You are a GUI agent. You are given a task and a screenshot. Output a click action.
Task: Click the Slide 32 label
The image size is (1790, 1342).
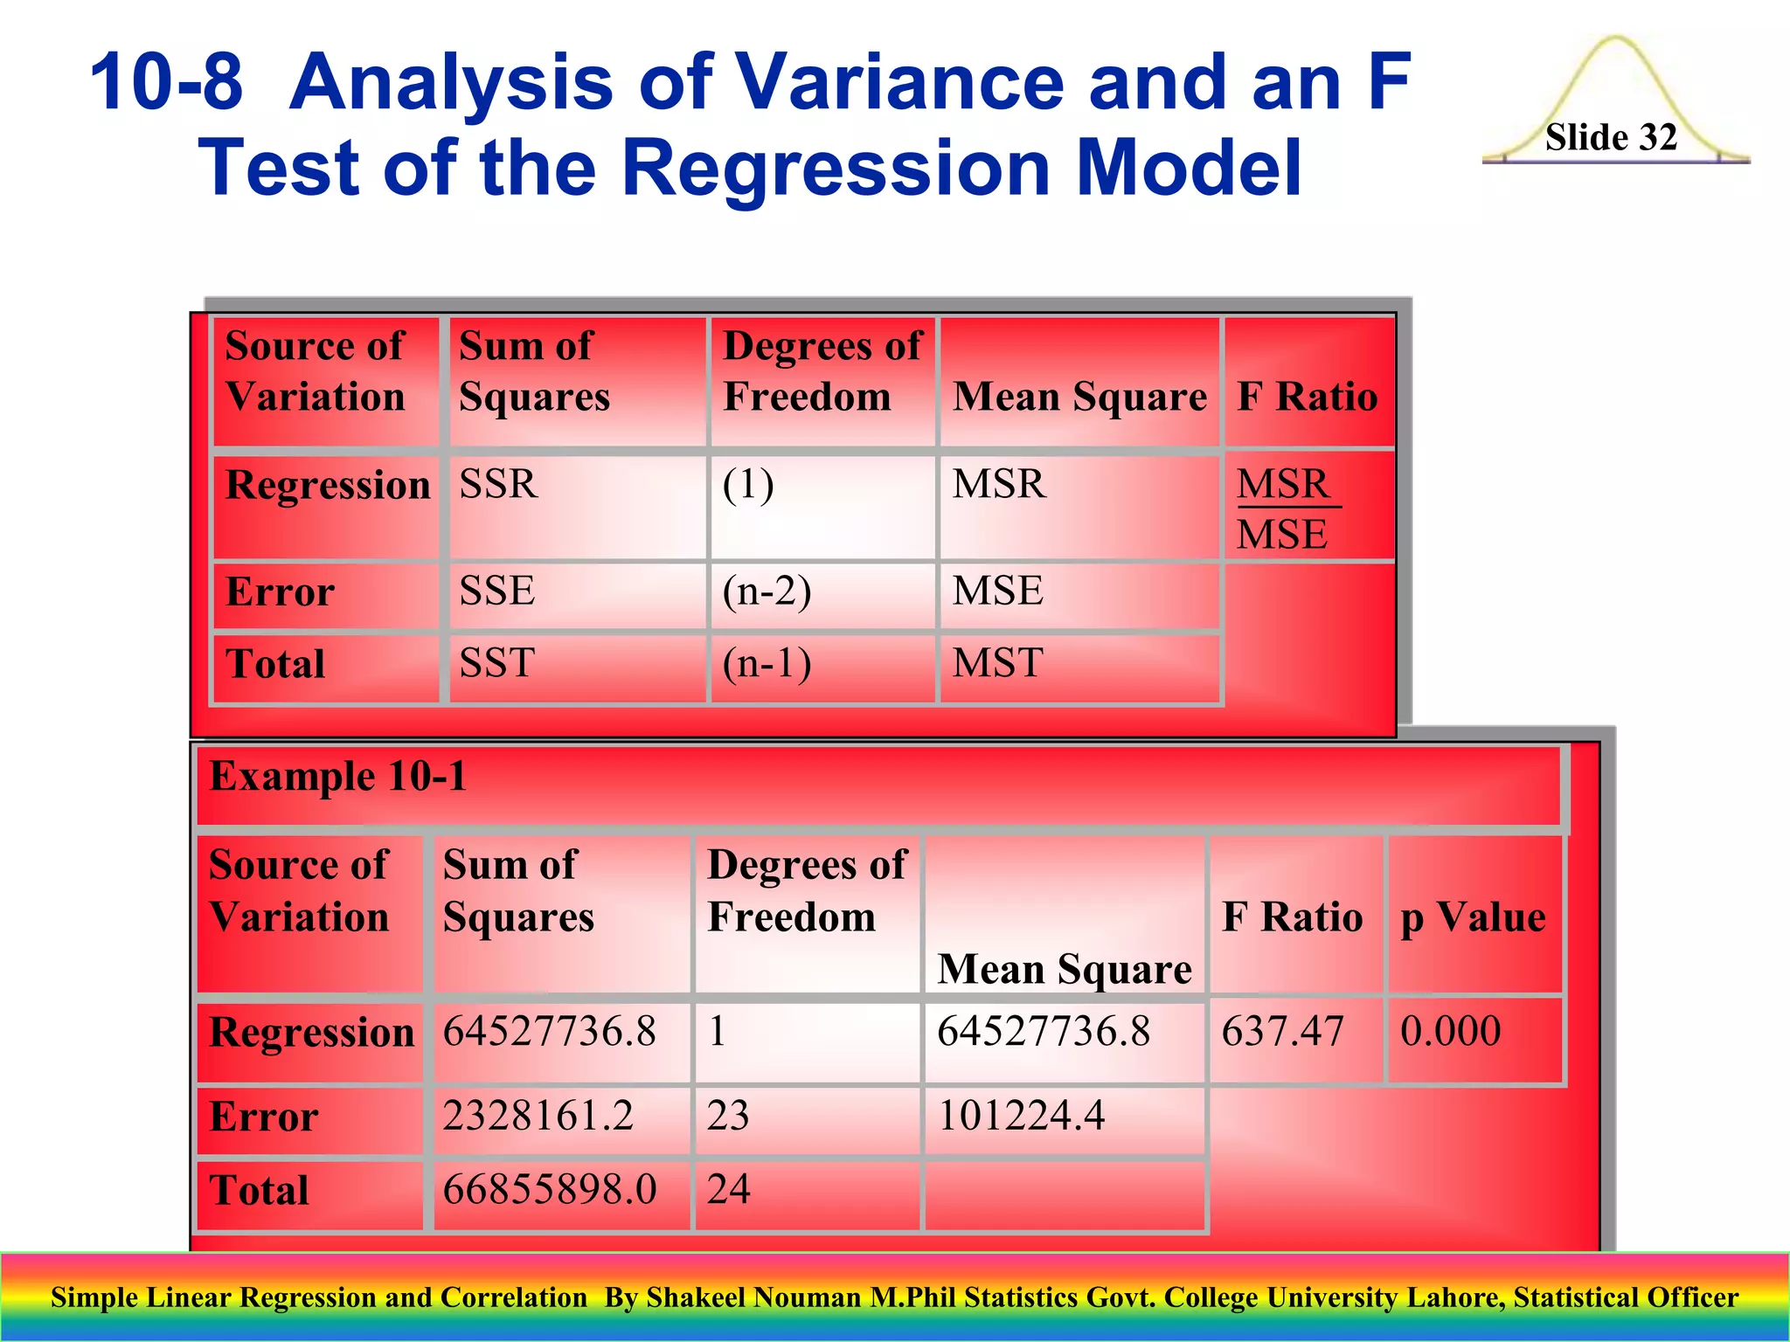[x=1611, y=137]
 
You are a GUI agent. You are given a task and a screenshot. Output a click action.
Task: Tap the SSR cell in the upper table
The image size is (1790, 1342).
[x=499, y=484]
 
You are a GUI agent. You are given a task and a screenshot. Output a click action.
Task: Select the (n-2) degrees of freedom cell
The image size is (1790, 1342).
[x=767, y=591]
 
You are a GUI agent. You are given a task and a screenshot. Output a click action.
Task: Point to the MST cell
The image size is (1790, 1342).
[x=997, y=663]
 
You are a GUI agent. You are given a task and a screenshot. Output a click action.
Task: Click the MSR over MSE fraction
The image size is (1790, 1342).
[x=1285, y=508]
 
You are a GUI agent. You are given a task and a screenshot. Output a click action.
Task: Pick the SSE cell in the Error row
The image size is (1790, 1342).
[x=497, y=591]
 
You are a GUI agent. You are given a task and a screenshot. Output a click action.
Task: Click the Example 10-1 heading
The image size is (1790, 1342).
[x=338, y=776]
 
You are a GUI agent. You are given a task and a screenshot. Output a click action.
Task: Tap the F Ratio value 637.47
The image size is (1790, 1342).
[x=1282, y=1031]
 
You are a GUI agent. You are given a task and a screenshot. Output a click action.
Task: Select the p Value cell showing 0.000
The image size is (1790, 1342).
[x=1450, y=1031]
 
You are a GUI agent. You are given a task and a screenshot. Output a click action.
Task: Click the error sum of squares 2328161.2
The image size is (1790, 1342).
[x=538, y=1116]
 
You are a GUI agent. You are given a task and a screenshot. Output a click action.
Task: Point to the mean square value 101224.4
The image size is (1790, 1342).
[x=1021, y=1116]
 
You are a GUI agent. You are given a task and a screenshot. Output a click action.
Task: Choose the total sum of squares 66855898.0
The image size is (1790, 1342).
[x=549, y=1189]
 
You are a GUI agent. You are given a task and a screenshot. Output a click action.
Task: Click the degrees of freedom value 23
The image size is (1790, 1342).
[x=728, y=1116]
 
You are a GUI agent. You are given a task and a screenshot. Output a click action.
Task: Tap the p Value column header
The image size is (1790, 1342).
[x=1473, y=917]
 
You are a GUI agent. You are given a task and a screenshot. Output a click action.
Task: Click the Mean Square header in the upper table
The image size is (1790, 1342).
[x=1079, y=397]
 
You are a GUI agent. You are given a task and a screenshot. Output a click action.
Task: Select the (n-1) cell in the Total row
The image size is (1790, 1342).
[x=767, y=663]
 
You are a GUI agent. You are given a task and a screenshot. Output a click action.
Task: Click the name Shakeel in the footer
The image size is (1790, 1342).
[x=696, y=1297]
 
